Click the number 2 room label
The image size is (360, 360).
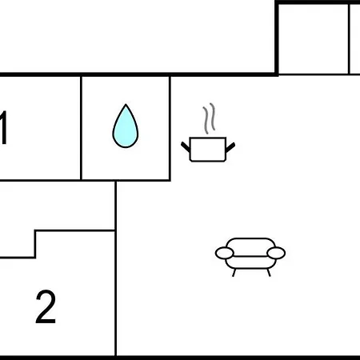(46, 306)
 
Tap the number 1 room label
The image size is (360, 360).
(3, 127)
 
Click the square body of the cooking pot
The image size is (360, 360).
(208, 150)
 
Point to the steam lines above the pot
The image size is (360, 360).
(209, 118)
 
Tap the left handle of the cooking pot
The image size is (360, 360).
(186, 147)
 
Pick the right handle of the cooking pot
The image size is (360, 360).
(230, 147)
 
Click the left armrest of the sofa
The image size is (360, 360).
(225, 253)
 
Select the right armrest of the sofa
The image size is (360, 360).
(276, 253)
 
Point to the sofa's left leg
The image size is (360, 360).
(234, 273)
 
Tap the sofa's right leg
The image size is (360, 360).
(269, 273)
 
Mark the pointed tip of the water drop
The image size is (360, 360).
(126, 104)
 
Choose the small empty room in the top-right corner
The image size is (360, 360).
(314, 39)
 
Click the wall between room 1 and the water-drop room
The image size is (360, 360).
(81, 128)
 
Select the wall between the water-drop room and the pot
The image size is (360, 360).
(170, 128)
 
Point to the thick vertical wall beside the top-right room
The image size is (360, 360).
(277, 39)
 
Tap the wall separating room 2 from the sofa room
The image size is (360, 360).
(116, 268)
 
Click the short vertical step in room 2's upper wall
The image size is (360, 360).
(35, 244)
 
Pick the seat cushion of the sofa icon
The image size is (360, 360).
(250, 262)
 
